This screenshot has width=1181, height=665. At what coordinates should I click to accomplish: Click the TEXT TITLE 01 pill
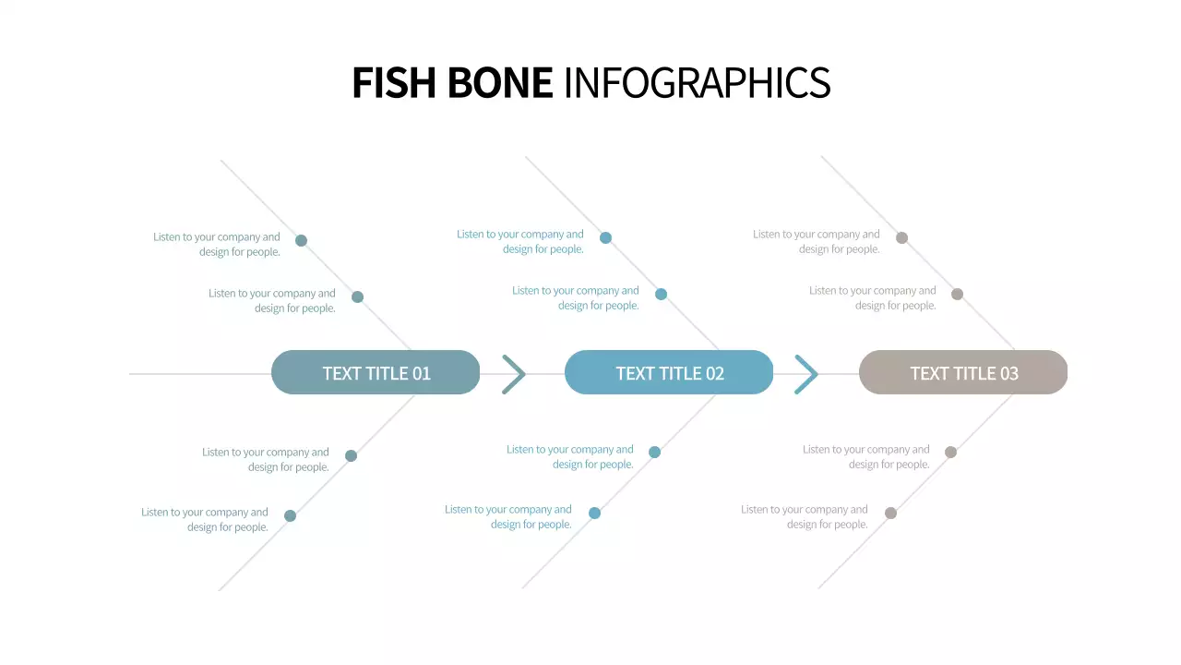point(376,372)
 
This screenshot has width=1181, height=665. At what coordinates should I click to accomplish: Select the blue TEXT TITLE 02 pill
point(669,372)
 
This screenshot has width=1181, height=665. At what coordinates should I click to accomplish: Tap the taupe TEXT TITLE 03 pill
point(963,372)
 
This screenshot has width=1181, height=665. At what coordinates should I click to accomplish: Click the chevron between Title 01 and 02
point(514,374)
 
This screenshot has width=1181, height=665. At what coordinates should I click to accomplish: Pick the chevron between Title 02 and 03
point(806,374)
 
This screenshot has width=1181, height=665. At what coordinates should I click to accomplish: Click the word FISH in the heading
point(394,82)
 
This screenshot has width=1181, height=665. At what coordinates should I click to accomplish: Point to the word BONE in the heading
point(500,82)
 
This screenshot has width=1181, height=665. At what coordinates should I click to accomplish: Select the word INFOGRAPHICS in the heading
point(697,82)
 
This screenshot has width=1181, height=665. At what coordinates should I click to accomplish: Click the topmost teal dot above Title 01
point(301,240)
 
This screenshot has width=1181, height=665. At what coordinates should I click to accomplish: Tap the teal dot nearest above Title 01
point(357,296)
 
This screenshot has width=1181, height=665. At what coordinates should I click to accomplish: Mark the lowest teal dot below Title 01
point(290,515)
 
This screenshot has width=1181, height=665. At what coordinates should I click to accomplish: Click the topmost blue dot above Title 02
point(605,237)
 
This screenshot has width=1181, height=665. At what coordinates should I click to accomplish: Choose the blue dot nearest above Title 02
point(661,294)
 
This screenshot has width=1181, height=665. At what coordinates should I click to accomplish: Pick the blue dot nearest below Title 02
point(654,452)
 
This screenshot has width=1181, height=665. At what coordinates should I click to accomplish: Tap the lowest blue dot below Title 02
point(594,513)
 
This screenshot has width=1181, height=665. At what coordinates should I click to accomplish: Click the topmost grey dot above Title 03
point(901,237)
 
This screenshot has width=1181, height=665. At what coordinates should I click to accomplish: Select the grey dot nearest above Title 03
point(957,294)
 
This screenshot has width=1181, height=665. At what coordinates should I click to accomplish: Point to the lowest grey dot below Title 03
point(890,513)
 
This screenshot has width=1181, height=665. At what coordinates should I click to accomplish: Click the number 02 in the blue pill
point(714,373)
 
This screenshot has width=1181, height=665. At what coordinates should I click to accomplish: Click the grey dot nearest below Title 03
point(950,452)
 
